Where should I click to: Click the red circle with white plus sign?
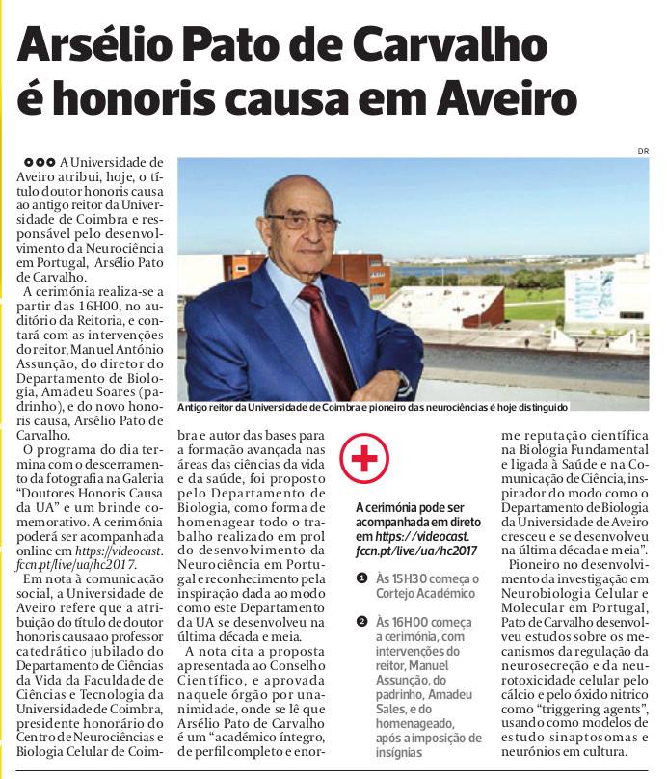point(363,459)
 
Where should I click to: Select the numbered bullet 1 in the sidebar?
point(361,578)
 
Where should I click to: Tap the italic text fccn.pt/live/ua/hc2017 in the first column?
point(76,564)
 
